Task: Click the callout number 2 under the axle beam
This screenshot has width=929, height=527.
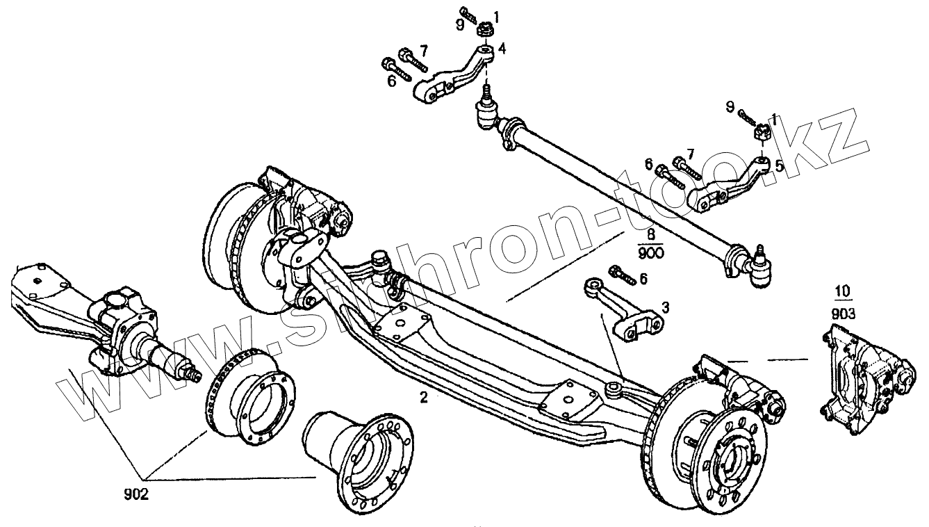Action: click(422, 398)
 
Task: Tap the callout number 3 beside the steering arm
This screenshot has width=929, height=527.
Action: click(665, 307)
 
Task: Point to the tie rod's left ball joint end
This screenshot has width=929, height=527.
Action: click(486, 114)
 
